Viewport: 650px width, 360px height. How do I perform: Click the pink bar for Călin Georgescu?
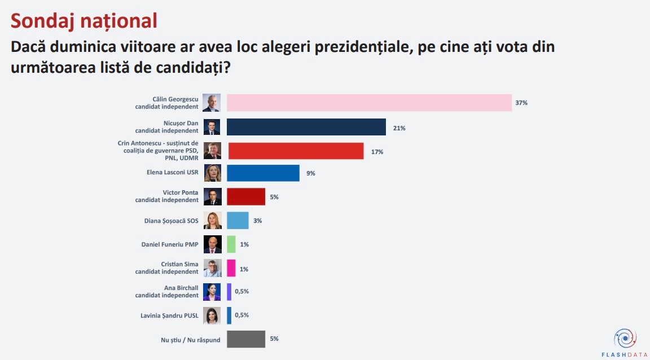coord(369,103)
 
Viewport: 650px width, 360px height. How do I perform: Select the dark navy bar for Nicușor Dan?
coord(306,127)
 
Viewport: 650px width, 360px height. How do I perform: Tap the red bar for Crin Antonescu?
coord(296,151)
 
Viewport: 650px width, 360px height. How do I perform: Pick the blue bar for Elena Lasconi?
coord(263,173)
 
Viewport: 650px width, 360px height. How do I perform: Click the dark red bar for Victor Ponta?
coord(246,197)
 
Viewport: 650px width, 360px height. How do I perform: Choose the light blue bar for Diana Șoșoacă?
coord(238,221)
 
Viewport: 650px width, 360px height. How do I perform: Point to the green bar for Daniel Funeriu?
coord(231,244)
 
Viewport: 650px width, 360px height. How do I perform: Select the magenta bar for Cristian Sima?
coord(231,267)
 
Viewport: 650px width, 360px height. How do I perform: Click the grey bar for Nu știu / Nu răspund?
coord(246,339)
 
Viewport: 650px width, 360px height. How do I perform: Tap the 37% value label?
coord(521,103)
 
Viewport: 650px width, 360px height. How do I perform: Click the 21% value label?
coord(399,128)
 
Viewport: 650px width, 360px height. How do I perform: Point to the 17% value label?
coord(377,152)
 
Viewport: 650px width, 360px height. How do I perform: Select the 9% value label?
coord(310,174)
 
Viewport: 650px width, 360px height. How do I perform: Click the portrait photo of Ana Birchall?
coord(212,292)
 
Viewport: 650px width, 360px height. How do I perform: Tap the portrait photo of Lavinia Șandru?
coord(212,315)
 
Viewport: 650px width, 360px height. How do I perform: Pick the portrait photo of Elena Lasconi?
coord(212,173)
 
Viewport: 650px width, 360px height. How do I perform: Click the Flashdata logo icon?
coord(625,339)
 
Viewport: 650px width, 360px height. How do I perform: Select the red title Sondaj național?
coord(84,20)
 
